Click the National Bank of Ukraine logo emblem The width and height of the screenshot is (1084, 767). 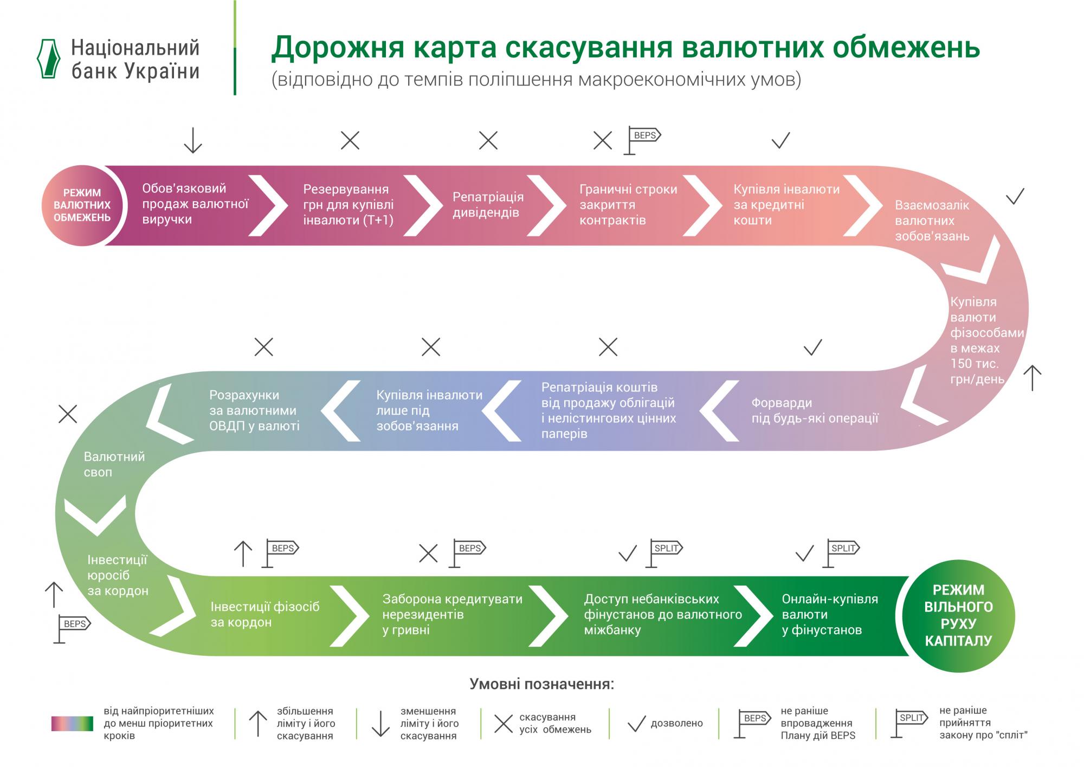[x=48, y=59]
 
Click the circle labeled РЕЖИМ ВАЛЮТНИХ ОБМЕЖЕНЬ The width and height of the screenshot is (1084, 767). [x=82, y=205]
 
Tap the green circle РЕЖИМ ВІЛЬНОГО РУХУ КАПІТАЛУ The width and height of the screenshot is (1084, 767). [x=958, y=615]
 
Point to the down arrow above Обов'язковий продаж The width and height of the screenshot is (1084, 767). [x=192, y=140]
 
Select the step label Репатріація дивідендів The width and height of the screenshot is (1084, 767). [x=488, y=205]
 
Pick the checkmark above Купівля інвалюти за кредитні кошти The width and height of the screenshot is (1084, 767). [x=780, y=140]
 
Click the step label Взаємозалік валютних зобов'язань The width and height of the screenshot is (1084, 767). [x=932, y=221]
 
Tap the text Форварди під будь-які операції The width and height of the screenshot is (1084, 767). [x=814, y=410]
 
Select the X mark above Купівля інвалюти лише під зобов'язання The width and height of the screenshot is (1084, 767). [x=431, y=346]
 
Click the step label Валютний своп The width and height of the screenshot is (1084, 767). [x=114, y=464]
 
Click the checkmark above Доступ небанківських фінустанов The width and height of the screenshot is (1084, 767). [x=628, y=553]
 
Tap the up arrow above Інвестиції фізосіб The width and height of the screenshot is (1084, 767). [x=243, y=553]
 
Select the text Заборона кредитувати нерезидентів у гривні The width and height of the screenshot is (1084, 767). [x=452, y=614]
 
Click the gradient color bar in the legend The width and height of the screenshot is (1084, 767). [x=72, y=724]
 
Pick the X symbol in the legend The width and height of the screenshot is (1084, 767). [x=504, y=723]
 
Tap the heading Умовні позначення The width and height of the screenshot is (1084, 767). [x=541, y=684]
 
